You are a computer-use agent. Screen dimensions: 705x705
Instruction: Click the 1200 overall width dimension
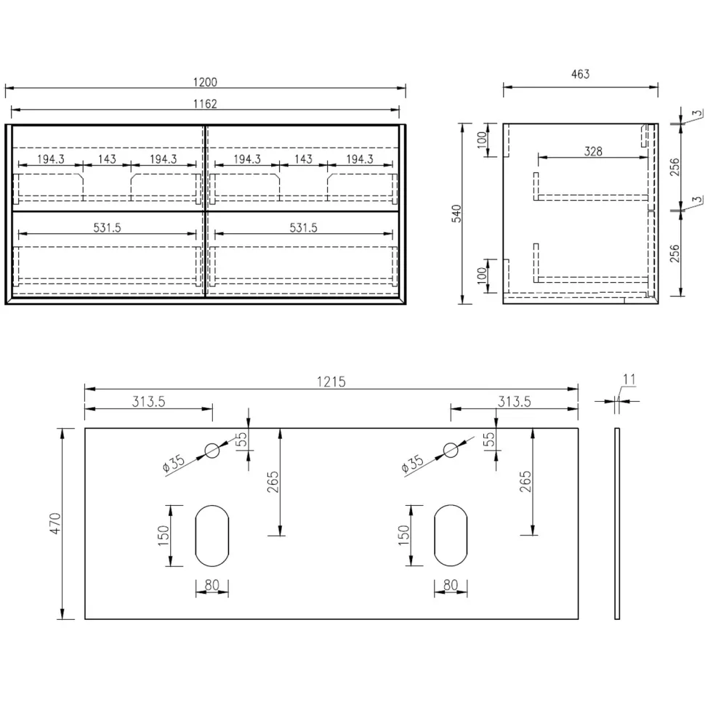[205, 82]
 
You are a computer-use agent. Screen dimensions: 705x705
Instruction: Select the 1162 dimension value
[205, 104]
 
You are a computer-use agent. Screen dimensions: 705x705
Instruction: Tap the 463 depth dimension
[581, 74]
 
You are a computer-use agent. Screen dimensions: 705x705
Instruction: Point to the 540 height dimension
[456, 214]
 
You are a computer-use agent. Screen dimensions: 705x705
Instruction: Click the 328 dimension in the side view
[593, 151]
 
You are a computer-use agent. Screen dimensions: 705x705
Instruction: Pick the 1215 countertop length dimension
[331, 382]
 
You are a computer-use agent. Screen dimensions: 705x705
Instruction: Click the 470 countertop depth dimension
[55, 523]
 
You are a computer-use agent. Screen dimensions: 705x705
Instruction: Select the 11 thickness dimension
[629, 379]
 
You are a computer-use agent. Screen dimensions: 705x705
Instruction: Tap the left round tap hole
[212, 450]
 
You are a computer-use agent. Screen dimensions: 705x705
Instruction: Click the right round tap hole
[451, 450]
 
